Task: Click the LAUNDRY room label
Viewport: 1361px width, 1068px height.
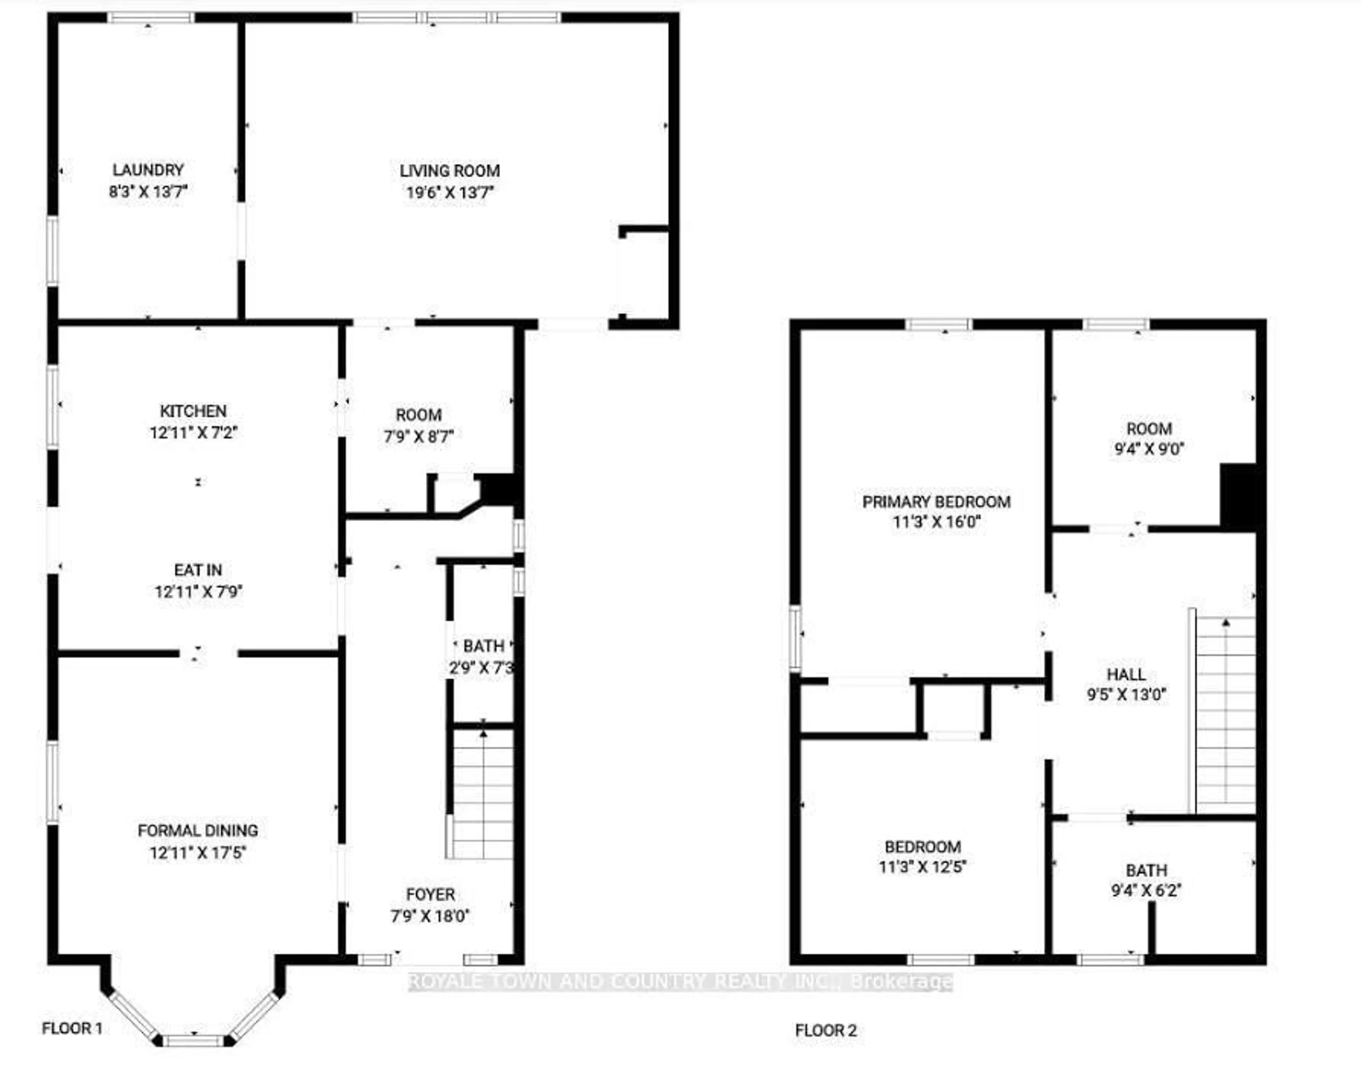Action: point(148,170)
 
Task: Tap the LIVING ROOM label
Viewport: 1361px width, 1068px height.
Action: point(450,171)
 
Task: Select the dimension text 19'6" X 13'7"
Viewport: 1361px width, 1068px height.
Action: point(450,192)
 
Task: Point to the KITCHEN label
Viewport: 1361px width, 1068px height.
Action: point(193,411)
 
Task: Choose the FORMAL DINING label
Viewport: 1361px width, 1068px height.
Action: point(198,830)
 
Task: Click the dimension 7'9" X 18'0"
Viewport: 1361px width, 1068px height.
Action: point(430,916)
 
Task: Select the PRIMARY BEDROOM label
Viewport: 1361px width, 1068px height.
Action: point(936,502)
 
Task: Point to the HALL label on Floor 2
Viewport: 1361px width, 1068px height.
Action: point(1126,674)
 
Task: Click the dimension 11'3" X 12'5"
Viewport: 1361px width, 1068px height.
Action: point(923,867)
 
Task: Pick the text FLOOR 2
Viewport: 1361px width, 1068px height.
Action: point(825,1030)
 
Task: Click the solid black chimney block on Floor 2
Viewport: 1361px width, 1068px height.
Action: point(1238,497)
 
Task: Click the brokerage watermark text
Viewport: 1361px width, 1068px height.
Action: point(680,982)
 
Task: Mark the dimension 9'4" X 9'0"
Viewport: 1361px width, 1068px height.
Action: point(1149,449)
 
